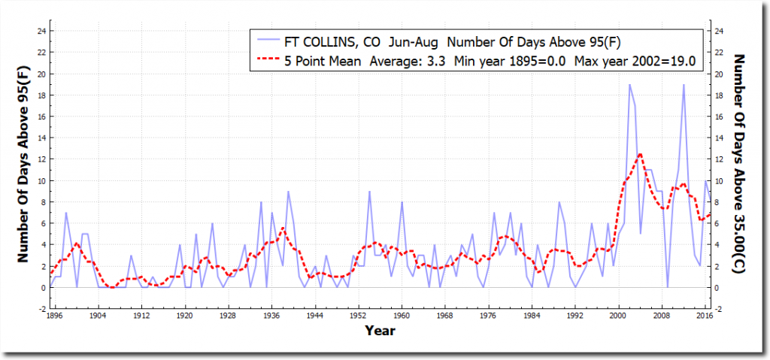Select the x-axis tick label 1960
point(401,316)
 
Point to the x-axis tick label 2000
point(619,316)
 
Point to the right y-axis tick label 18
point(720,95)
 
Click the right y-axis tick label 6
point(718,223)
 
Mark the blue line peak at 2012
point(684,84)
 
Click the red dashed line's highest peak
point(640,154)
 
